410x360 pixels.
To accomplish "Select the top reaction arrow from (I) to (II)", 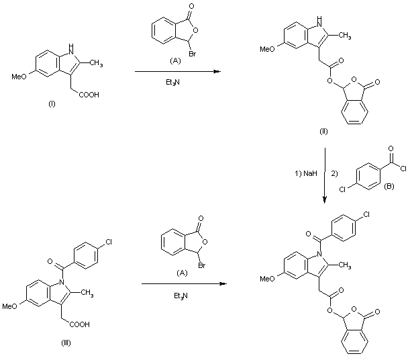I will pos(177,71).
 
